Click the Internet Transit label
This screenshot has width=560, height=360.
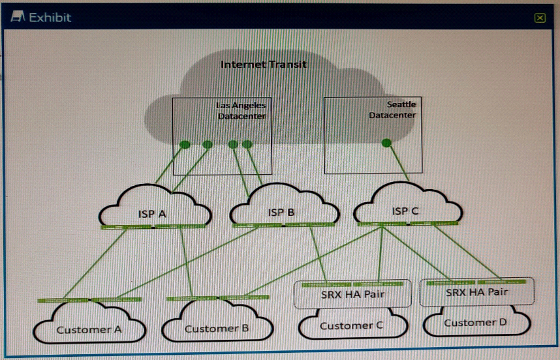pos(263,64)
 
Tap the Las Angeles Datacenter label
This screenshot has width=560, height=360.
pos(241,110)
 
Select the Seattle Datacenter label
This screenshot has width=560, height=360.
pos(392,110)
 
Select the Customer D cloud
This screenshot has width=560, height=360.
pos(476,322)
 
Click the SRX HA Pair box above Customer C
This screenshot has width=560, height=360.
pos(352,294)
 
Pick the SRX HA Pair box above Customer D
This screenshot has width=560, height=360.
pos(476,292)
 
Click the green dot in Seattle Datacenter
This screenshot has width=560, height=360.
pos(386,142)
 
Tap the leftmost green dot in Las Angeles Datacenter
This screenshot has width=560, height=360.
pos(185,144)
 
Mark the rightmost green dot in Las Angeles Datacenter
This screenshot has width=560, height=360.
pos(247,144)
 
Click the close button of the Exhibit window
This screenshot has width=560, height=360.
pos(539,18)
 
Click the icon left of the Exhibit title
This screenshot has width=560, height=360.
pos(19,17)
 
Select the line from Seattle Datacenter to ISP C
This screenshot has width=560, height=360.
pos(397,162)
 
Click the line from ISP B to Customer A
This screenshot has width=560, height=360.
pos(189,264)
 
